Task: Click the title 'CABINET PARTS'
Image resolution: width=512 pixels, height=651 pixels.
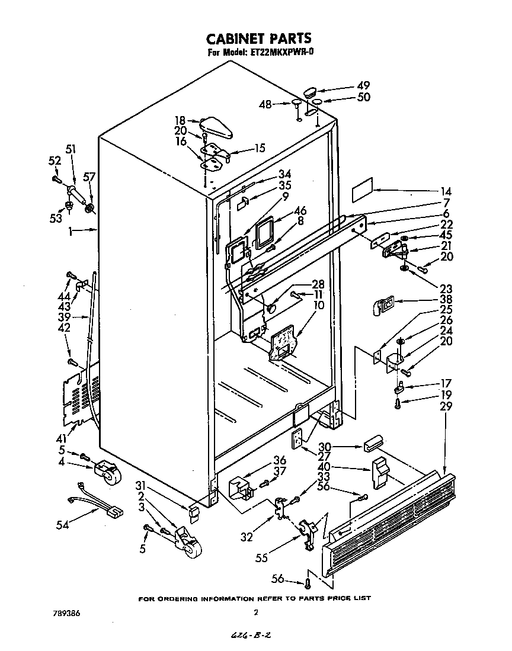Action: [x=258, y=39]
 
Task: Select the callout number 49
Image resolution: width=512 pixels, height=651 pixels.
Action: [x=363, y=85]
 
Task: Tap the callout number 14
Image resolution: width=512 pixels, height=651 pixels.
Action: [x=446, y=191]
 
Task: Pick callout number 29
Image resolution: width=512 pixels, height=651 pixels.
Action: [x=446, y=406]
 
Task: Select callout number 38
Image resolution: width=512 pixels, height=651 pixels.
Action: [x=446, y=300]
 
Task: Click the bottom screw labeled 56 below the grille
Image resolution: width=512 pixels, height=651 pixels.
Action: [x=308, y=584]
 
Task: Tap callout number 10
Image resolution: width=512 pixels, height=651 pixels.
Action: [x=318, y=305]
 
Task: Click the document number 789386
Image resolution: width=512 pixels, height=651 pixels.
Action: [x=66, y=613]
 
